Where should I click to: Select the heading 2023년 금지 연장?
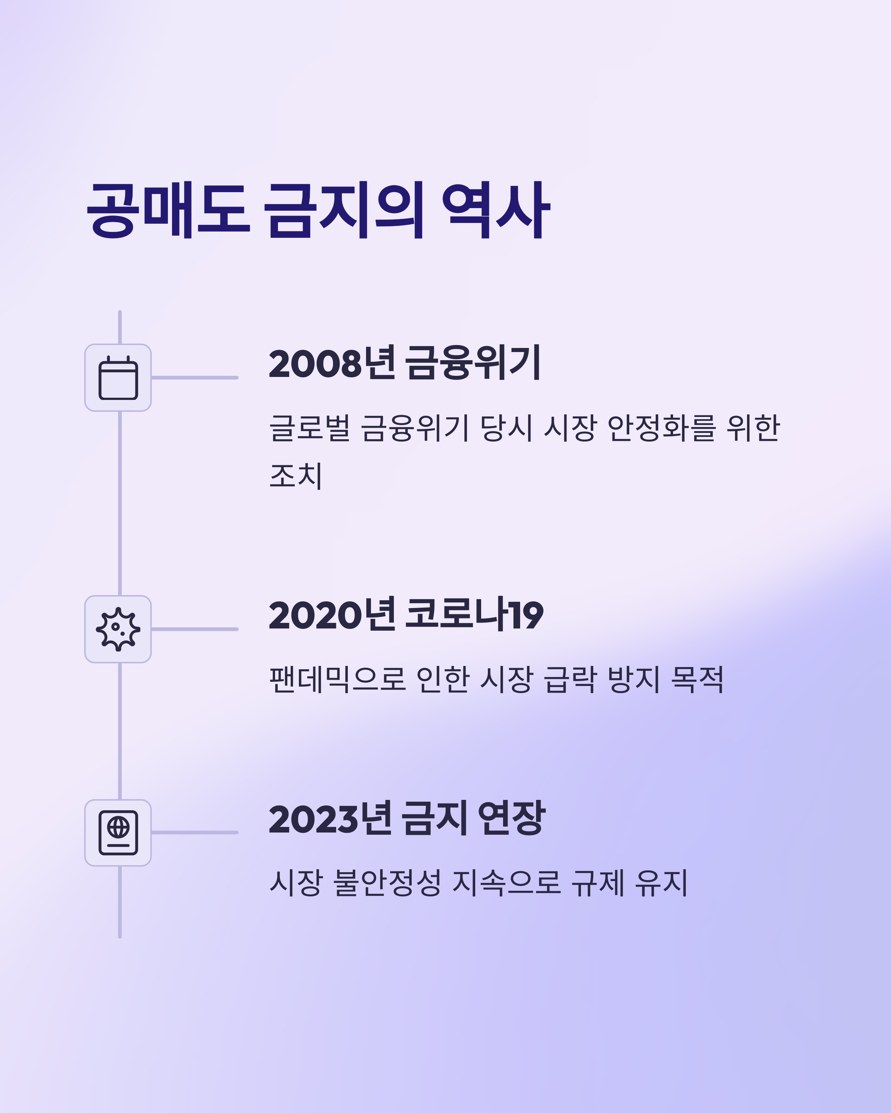tap(407, 819)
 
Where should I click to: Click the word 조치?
tap(296, 476)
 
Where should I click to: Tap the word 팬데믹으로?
tap(337, 679)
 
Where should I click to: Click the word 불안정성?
tap(387, 883)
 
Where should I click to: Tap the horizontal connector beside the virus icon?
tap(195, 629)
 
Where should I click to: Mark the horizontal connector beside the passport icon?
tap(195, 833)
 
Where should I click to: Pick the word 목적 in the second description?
tap(697, 679)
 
